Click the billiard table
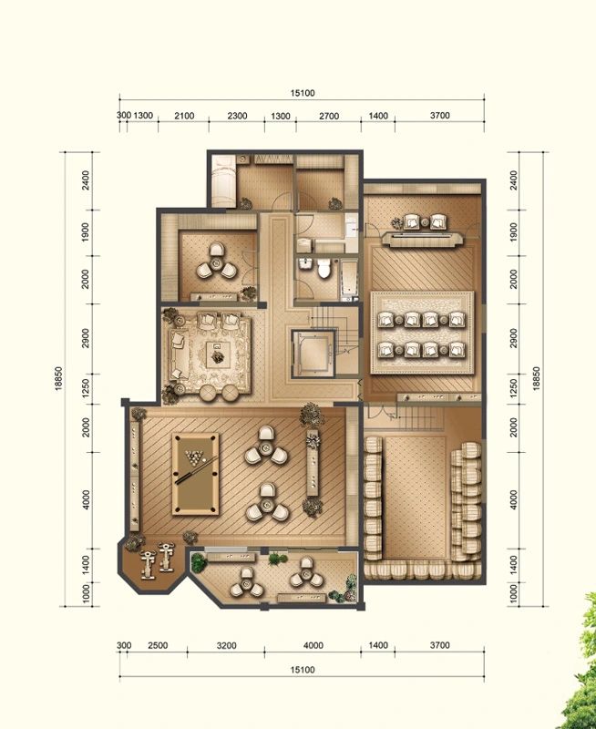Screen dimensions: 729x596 (194, 473)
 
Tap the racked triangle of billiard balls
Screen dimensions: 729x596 (195, 458)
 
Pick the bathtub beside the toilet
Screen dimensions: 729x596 (350, 278)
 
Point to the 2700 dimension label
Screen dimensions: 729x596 (329, 116)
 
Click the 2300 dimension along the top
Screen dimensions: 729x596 (237, 116)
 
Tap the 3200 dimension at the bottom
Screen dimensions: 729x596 (227, 645)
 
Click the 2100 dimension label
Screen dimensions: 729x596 (184, 116)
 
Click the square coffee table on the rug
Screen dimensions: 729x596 (217, 355)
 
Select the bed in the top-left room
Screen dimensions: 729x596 (223, 180)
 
